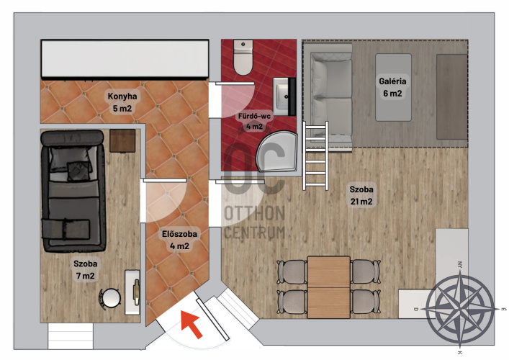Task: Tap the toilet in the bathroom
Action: click(243, 58)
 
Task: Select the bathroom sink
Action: click(284, 96)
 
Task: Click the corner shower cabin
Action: click(277, 151)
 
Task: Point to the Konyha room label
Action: click(122, 96)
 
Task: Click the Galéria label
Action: click(392, 81)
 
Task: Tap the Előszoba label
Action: click(179, 234)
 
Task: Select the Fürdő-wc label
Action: click(254, 116)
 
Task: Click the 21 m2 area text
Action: click(361, 202)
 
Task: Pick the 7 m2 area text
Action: click(86, 276)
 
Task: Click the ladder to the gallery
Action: click(315, 156)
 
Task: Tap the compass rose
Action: click(460, 309)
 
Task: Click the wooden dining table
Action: click(329, 287)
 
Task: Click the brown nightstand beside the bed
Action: click(122, 140)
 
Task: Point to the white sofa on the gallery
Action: click(331, 96)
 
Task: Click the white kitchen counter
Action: click(125, 59)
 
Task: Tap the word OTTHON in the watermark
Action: click(255, 213)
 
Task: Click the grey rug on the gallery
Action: click(393, 88)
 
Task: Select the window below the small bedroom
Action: click(71, 336)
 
